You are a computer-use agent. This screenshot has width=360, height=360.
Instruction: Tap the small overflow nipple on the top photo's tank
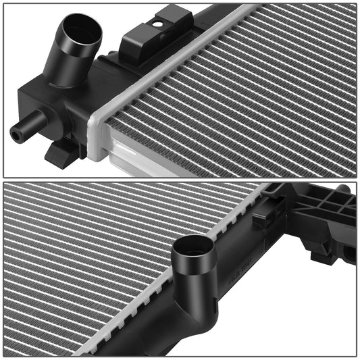30,126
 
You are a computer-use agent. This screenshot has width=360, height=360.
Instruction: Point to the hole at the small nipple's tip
15,135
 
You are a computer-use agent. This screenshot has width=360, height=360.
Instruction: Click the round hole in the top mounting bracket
157,24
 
